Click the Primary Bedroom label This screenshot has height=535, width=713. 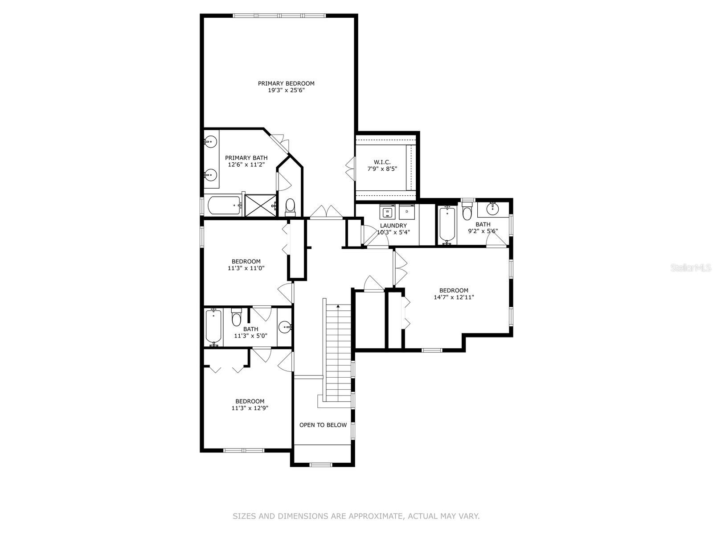pos(286,83)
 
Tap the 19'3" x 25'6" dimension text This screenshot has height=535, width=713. pos(286,90)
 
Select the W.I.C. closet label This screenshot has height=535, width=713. pos(382,162)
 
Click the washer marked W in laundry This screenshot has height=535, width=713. pos(387,211)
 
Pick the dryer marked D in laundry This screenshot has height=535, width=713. pos(406,211)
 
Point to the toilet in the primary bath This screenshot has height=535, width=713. pos(290,206)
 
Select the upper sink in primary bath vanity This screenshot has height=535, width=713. pos(210,142)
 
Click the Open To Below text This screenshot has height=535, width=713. pos(323,425)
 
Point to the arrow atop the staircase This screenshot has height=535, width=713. pos(338,306)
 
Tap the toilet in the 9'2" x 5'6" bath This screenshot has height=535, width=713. pos(467,212)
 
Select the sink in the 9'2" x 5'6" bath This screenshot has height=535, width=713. pos(492,208)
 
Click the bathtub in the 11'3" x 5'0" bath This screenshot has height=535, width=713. pos(214,327)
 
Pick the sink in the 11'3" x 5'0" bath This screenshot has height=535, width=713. pos(285,328)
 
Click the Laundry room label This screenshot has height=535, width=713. pos(393,226)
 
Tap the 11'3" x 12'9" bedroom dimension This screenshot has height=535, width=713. pos(250,408)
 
